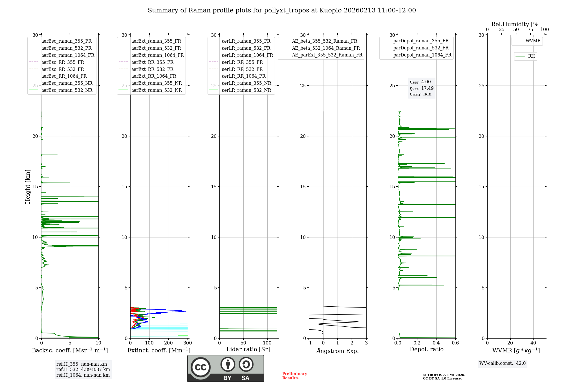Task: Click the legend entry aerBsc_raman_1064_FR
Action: pyautogui.click(x=68, y=55)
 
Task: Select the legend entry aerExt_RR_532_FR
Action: pyautogui.click(x=152, y=69)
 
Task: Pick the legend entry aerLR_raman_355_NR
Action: pyautogui.click(x=246, y=83)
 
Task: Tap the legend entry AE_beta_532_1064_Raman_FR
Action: pyautogui.click(x=326, y=48)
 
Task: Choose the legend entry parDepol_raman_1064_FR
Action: pyautogui.click(x=422, y=55)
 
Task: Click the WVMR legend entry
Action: pyautogui.click(x=533, y=41)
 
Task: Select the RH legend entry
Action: pyautogui.click(x=531, y=56)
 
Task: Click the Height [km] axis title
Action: pyautogui.click(x=28, y=187)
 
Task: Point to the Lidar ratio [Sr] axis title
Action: pyautogui.click(x=248, y=350)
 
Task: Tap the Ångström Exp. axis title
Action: pyautogui.click(x=338, y=351)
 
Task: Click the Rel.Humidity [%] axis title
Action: pyautogui.click(x=516, y=24)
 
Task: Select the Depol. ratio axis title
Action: pyautogui.click(x=426, y=350)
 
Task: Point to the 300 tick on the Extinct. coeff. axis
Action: pyautogui.click(x=188, y=343)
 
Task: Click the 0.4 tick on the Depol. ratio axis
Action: pyautogui.click(x=436, y=343)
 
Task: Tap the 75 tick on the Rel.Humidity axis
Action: pyautogui.click(x=530, y=30)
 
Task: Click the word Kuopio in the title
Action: pyautogui.click(x=330, y=10)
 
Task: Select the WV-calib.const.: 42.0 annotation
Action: pyautogui.click(x=503, y=363)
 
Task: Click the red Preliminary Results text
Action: pyautogui.click(x=294, y=376)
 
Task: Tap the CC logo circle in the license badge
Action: pyautogui.click(x=201, y=367)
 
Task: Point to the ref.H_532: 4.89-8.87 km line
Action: pyautogui.click(x=83, y=370)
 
